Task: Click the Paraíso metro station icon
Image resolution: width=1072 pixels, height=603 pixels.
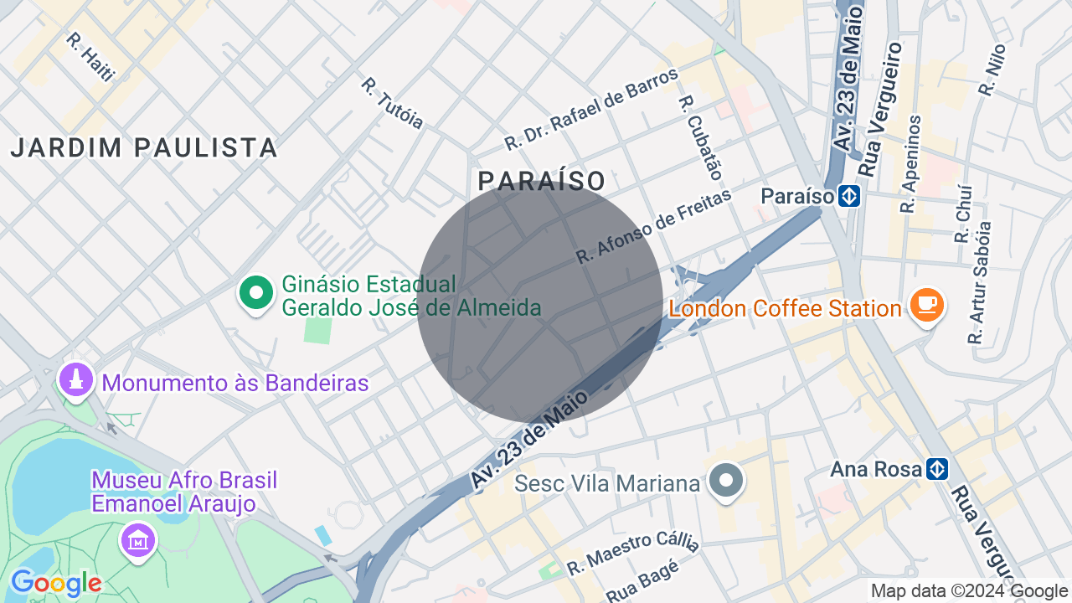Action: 849,197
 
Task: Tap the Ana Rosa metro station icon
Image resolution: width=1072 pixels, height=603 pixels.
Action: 937,469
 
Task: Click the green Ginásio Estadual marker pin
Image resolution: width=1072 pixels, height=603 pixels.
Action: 256,293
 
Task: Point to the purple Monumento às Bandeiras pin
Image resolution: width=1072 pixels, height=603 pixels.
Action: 76,380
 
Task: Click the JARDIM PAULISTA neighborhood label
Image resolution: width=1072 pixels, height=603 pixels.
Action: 144,148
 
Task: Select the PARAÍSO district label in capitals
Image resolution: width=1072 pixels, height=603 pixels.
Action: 542,181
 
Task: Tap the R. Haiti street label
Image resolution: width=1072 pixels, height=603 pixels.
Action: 90,57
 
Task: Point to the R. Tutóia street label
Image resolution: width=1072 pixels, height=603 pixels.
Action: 392,104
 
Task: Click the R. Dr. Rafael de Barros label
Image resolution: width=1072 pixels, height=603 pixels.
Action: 591,110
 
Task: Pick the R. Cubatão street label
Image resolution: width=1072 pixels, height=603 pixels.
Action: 700,137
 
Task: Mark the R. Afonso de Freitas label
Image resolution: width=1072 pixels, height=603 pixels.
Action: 653,226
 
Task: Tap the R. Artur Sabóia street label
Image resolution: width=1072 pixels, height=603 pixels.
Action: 980,283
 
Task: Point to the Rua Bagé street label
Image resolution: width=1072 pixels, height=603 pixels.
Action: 642,581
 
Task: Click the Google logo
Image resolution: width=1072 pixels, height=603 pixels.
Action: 56,583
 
